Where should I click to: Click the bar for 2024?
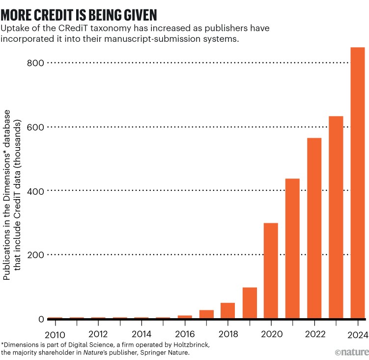pyautogui.click(x=357, y=183)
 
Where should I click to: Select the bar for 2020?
pyautogui.click(x=271, y=271)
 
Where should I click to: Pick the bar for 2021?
pyautogui.click(x=292, y=248)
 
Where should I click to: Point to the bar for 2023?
pyautogui.click(x=336, y=217)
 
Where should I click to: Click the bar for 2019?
pyautogui.click(x=250, y=303)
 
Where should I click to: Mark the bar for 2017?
pyautogui.click(x=206, y=314)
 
